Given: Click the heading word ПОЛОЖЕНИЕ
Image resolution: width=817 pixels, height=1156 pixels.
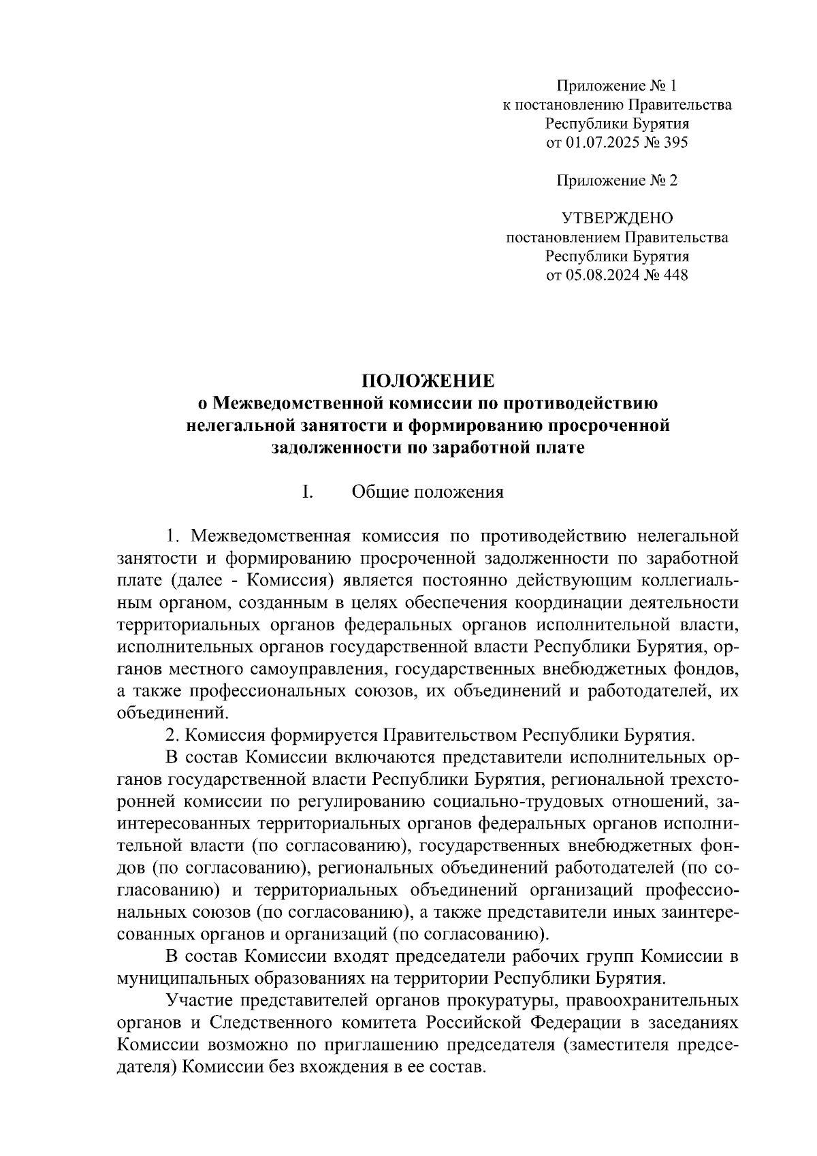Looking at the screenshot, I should click(x=427, y=381).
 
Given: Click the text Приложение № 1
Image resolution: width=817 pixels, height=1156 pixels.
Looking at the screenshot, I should click(x=617, y=86).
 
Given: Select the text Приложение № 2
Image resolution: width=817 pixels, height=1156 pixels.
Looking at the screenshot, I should click(x=617, y=180).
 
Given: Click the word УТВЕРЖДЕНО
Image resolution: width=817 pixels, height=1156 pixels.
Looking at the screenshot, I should click(x=617, y=219).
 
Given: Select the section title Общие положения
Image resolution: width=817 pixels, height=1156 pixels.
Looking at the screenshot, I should click(x=428, y=492).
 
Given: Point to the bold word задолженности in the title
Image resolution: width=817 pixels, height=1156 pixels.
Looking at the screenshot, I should click(x=330, y=448).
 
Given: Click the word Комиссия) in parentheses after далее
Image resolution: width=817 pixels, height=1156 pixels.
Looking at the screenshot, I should click(x=289, y=581).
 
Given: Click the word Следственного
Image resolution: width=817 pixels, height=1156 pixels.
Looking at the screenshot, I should click(x=272, y=1023).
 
